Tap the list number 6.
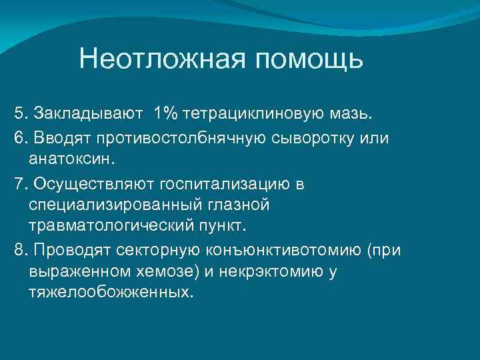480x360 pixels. click(18, 137)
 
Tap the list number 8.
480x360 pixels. click(18, 249)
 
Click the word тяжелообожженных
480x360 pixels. click(109, 293)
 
